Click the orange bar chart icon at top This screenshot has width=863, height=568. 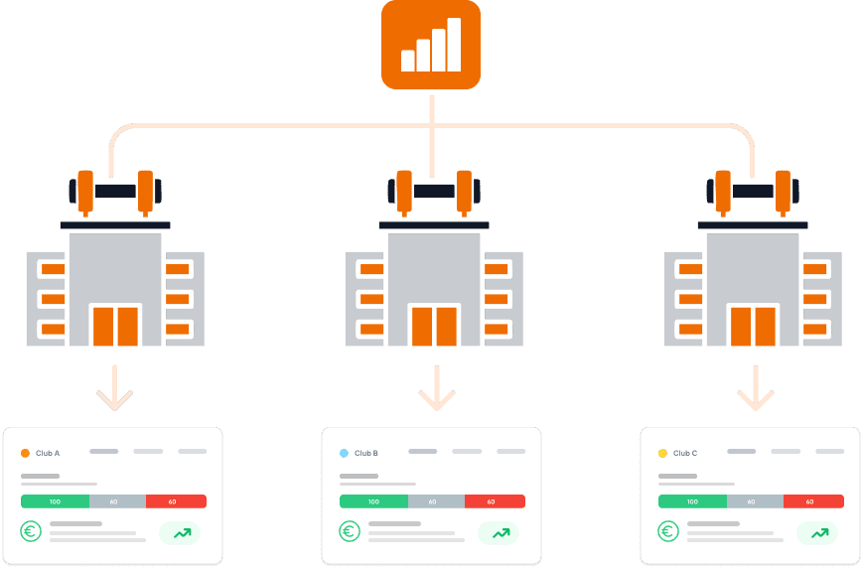click(x=431, y=45)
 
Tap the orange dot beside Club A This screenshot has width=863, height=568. click(x=25, y=453)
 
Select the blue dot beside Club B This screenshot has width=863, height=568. click(x=344, y=453)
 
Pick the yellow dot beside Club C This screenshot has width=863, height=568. click(x=662, y=453)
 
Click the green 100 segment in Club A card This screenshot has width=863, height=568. click(x=55, y=501)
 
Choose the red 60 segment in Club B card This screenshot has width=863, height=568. click(x=495, y=501)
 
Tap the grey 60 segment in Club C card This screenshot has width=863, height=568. click(x=755, y=501)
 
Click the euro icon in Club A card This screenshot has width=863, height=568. click(x=31, y=532)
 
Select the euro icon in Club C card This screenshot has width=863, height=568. click(x=668, y=532)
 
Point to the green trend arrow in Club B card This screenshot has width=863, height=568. click(x=501, y=533)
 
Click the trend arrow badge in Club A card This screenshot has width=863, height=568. click(x=182, y=533)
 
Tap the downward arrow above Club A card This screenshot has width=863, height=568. click(x=115, y=389)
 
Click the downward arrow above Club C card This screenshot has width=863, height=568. click(x=755, y=389)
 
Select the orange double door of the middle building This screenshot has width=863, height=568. click(x=434, y=325)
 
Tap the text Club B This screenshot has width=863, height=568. click(x=365, y=453)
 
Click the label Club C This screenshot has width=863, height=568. click(x=685, y=453)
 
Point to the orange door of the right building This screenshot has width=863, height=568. click(x=753, y=325)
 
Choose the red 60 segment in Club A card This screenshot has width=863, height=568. click(x=176, y=501)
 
